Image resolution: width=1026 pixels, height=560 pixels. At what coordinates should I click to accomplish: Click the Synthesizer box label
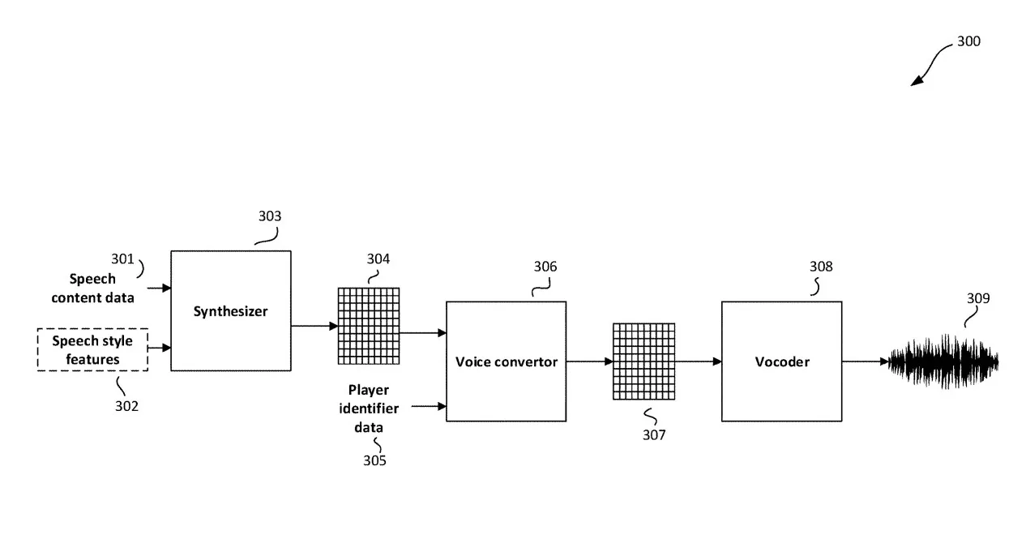point(230,311)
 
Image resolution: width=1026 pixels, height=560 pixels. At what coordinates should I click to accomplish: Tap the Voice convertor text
point(507,361)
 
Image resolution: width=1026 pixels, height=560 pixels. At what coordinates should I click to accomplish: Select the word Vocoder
point(782,361)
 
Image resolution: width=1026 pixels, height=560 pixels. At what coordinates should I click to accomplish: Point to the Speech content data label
point(92,288)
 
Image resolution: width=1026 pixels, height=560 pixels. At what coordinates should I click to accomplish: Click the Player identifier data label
point(369,408)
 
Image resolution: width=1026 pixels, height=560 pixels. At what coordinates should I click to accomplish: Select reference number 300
point(968,41)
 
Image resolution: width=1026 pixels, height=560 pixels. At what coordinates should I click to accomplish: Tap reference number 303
point(270,216)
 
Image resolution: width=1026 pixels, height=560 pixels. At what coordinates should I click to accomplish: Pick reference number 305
point(374,460)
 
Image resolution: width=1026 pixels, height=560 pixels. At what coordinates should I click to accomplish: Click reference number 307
point(654,435)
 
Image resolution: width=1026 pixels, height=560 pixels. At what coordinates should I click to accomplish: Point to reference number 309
point(978,298)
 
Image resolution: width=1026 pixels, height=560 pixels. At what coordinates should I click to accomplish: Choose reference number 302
point(126,406)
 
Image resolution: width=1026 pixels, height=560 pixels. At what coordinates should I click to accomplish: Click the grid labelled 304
point(369,326)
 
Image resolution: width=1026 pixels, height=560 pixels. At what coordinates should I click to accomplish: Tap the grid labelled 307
point(644,361)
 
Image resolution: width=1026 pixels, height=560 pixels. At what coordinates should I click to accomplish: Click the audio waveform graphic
point(943,361)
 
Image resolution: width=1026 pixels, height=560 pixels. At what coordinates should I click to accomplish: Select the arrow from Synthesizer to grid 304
point(314,326)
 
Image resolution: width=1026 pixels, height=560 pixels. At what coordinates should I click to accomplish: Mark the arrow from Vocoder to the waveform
point(866,361)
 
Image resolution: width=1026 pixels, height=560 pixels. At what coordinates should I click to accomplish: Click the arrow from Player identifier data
point(429,406)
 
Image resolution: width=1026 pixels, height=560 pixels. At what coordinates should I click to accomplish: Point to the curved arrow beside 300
point(930,63)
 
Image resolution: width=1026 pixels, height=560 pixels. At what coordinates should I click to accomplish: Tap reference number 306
point(545,267)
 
